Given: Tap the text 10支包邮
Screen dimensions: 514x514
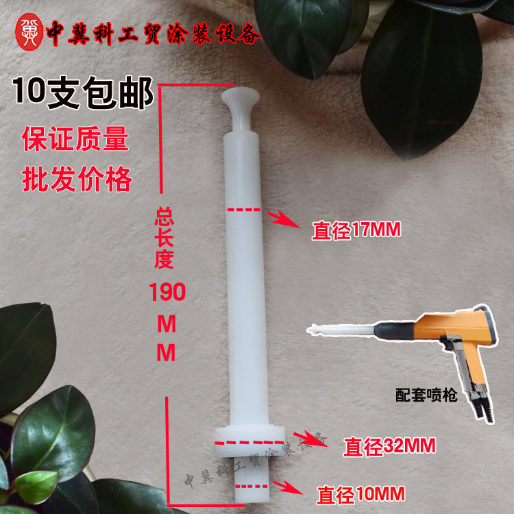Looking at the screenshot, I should click(x=83, y=95).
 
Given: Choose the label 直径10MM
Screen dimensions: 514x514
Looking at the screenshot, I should click(x=360, y=492).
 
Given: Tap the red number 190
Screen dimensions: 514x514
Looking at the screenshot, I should click(x=168, y=293).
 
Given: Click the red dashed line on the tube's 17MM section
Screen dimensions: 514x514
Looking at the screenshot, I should click(x=244, y=208).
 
